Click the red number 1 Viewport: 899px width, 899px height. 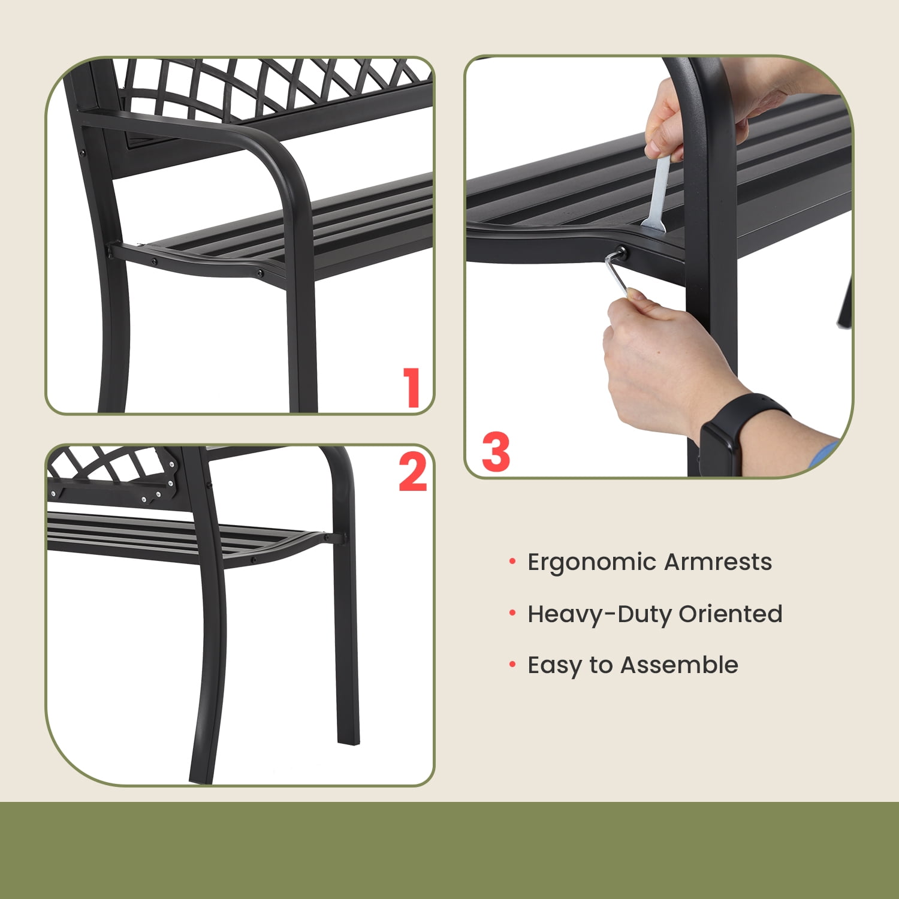point(412,388)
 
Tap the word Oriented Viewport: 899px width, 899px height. point(730,614)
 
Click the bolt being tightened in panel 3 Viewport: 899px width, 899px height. point(622,253)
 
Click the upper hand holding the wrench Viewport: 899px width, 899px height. point(665,120)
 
